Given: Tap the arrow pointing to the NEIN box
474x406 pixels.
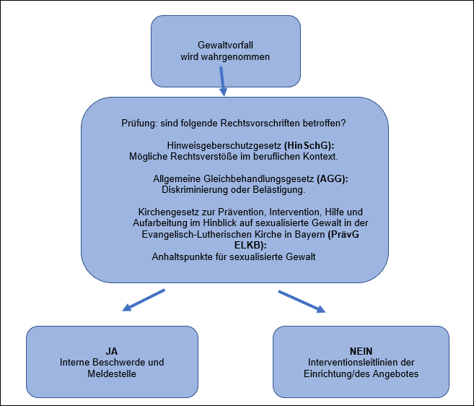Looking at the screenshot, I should pyautogui.click(x=302, y=301).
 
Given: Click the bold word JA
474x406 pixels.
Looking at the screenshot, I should pyautogui.click(x=112, y=350).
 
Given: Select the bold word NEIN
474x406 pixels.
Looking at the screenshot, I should pyautogui.click(x=361, y=350).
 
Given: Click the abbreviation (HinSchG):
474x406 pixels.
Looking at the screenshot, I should pyautogui.click(x=310, y=144).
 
